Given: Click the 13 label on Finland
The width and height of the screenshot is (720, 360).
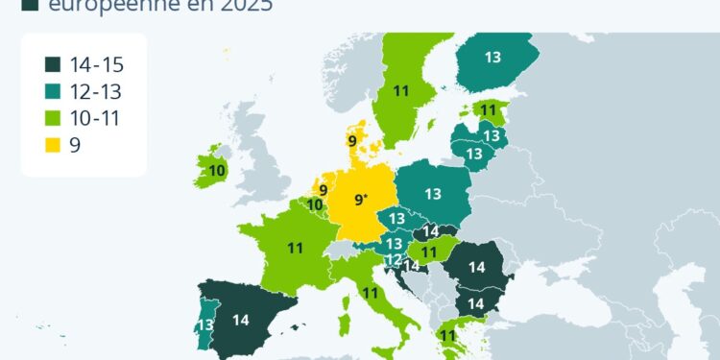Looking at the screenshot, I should tap(492, 58).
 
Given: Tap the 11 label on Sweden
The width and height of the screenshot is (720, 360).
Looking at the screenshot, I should tap(401, 92).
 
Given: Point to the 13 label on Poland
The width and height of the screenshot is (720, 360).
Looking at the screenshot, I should tap(432, 194).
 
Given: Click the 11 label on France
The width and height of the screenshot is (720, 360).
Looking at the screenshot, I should tap(295, 248).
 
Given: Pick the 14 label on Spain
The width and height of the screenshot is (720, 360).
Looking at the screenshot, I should tap(241, 321).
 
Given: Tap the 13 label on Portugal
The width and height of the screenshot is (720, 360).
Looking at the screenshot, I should tap(204, 326).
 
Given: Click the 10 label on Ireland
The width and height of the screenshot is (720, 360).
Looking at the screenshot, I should tap(218, 171).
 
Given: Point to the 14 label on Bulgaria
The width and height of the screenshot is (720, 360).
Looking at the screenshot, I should tap(474, 303).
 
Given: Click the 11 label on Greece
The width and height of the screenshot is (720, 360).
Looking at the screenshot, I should tap(447, 335).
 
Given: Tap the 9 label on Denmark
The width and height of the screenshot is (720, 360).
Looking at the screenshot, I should tap(352, 141).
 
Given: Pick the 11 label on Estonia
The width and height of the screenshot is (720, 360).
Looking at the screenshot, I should tap(489, 110).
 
